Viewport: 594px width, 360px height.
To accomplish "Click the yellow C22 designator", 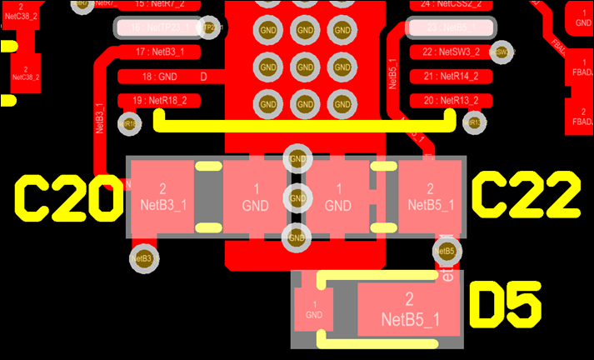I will point(525,197).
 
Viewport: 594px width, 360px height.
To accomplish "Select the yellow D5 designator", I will point(507,304).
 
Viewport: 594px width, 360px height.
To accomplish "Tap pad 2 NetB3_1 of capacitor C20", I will point(162,197).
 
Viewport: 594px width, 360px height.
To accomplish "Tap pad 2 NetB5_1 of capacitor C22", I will point(430,197).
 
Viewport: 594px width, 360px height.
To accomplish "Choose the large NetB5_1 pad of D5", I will point(409,309).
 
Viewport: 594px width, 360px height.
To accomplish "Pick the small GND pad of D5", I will point(313,310).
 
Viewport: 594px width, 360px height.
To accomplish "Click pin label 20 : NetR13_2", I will point(450,101).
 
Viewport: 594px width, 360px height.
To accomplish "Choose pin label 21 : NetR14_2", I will point(450,77).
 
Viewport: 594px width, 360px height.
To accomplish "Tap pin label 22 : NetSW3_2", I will point(450,52).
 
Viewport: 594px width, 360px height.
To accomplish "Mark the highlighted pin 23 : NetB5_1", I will point(450,27).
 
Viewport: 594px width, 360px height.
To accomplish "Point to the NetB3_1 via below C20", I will point(144,258).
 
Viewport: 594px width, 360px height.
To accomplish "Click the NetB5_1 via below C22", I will point(445,251).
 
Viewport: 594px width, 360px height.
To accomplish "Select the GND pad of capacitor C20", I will point(254,197).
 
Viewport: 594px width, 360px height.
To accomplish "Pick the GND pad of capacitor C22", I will point(337,197).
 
